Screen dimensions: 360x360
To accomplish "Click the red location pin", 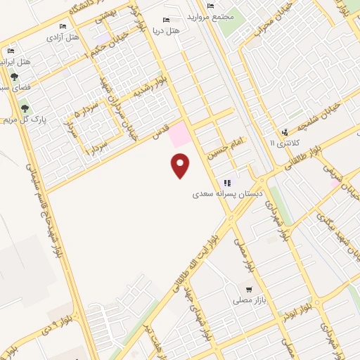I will [x=181, y=166].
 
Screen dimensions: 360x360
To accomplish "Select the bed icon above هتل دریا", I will [x=166, y=20].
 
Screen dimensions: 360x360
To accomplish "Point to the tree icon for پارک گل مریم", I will [x=25, y=108].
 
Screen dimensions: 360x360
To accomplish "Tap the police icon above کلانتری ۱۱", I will [x=284, y=131].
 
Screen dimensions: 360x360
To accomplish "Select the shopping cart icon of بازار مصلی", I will [x=249, y=289].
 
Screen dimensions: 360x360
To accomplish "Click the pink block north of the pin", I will [x=181, y=134].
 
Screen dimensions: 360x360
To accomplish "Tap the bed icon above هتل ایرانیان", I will [x=11, y=51].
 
